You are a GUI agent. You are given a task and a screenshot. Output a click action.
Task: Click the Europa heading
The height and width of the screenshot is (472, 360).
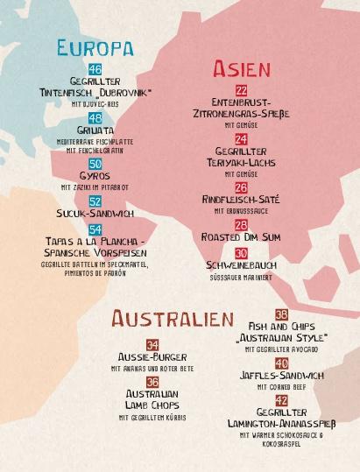(x=95, y=47)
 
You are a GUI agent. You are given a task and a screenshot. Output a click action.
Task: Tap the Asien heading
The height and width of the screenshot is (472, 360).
(x=241, y=69)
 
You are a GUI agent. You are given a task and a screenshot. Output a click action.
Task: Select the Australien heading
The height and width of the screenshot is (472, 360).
(x=172, y=320)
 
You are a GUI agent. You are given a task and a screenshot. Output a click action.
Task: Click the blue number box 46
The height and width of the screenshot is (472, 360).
(x=95, y=69)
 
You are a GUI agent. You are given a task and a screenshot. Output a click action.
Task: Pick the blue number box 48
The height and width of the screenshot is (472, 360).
(x=95, y=118)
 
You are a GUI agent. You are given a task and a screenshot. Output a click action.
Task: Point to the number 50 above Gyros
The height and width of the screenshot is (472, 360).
(x=95, y=164)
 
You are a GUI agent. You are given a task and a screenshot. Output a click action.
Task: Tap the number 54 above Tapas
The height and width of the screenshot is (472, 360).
(x=95, y=229)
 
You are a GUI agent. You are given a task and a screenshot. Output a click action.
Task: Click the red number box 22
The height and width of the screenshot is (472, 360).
(x=241, y=90)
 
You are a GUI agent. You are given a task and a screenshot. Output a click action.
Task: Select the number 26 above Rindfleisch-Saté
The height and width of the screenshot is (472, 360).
(x=241, y=187)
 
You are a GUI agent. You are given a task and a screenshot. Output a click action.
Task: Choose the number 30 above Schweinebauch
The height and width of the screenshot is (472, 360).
(x=241, y=252)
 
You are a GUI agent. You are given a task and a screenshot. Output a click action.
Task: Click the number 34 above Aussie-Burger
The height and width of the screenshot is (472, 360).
(x=152, y=345)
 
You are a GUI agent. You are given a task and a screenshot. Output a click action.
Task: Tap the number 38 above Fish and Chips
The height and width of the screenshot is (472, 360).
(x=281, y=314)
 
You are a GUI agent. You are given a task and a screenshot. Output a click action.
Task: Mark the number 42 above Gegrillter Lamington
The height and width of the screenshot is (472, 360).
(x=281, y=400)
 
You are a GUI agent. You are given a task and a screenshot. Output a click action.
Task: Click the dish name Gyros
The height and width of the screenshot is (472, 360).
(x=95, y=176)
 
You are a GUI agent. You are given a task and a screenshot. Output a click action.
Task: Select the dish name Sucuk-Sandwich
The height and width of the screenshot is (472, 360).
(x=95, y=213)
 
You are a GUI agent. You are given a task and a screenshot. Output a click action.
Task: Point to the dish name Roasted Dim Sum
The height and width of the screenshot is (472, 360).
(x=241, y=237)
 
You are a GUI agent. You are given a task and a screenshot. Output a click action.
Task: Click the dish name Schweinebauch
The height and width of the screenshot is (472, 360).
(x=241, y=264)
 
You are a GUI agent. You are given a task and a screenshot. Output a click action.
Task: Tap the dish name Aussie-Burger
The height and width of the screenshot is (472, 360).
(x=152, y=357)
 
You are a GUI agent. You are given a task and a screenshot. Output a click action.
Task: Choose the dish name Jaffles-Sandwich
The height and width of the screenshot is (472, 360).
(x=281, y=376)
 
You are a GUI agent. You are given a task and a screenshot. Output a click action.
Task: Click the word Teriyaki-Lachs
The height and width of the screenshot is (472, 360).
(x=241, y=163)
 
